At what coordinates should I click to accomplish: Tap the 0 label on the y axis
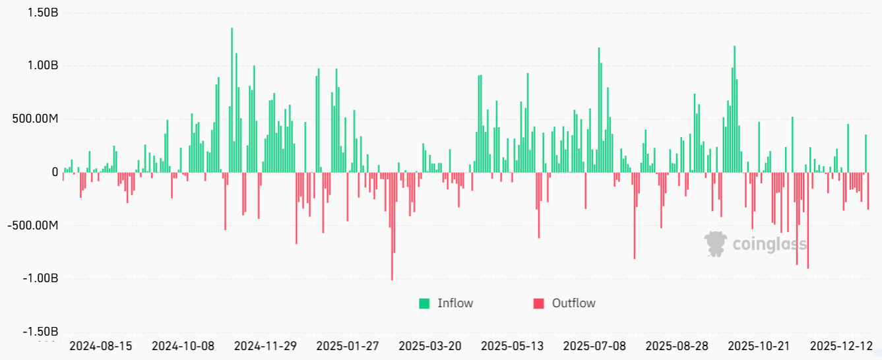[55, 172]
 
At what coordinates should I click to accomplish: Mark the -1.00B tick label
[39, 278]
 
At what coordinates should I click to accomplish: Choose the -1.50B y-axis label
[39, 332]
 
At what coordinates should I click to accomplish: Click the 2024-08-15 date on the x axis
[100, 346]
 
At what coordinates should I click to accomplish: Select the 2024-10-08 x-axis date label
[183, 346]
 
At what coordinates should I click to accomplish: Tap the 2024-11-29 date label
[265, 346]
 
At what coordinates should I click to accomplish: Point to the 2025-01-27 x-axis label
[348, 346]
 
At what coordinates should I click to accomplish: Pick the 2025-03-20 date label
[430, 346]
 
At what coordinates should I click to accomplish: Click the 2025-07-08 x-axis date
[595, 346]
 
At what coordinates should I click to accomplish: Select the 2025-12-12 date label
[841, 346]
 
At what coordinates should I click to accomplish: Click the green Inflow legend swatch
[424, 303]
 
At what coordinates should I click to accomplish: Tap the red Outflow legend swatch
[539, 303]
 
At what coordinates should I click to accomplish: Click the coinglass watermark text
[770, 245]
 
